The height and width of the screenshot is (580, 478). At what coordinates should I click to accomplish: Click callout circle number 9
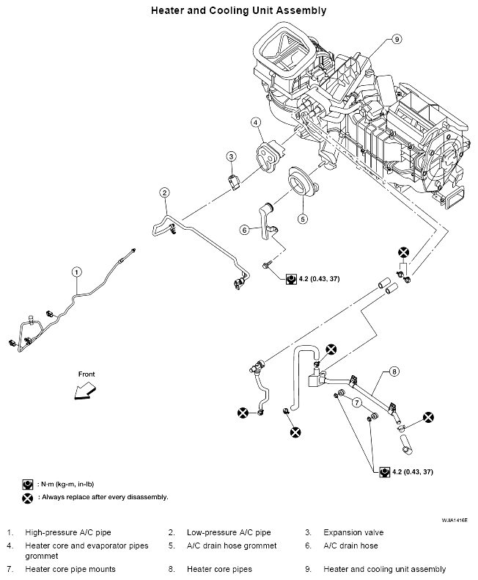click(x=397, y=39)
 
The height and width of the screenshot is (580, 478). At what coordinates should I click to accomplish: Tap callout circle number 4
click(x=256, y=122)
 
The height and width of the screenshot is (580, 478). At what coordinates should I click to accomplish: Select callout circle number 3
click(x=231, y=156)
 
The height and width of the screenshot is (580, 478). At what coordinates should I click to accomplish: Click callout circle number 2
click(x=165, y=192)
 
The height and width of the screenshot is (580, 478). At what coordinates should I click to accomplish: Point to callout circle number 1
click(x=76, y=272)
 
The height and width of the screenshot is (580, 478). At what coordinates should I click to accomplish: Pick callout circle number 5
click(x=303, y=219)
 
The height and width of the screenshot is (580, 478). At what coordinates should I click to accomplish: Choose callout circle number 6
click(x=245, y=230)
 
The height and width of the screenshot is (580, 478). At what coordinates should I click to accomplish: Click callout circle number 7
click(x=356, y=402)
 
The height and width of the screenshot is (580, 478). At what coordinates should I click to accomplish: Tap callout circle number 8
click(x=394, y=371)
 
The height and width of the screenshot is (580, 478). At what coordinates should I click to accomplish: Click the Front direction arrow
click(x=84, y=392)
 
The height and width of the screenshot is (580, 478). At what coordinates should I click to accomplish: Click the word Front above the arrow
click(x=87, y=374)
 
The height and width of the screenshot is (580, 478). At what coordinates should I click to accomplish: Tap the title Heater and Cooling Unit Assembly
click(x=238, y=10)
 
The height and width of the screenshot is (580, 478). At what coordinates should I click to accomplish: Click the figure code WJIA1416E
click(x=455, y=520)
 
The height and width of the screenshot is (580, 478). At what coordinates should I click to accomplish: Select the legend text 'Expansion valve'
click(x=353, y=532)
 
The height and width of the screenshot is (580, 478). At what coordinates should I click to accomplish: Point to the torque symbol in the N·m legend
click(x=28, y=485)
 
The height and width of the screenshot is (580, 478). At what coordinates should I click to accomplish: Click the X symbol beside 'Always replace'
click(x=27, y=498)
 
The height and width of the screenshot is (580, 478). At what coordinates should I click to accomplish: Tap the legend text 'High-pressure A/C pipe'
click(x=68, y=532)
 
